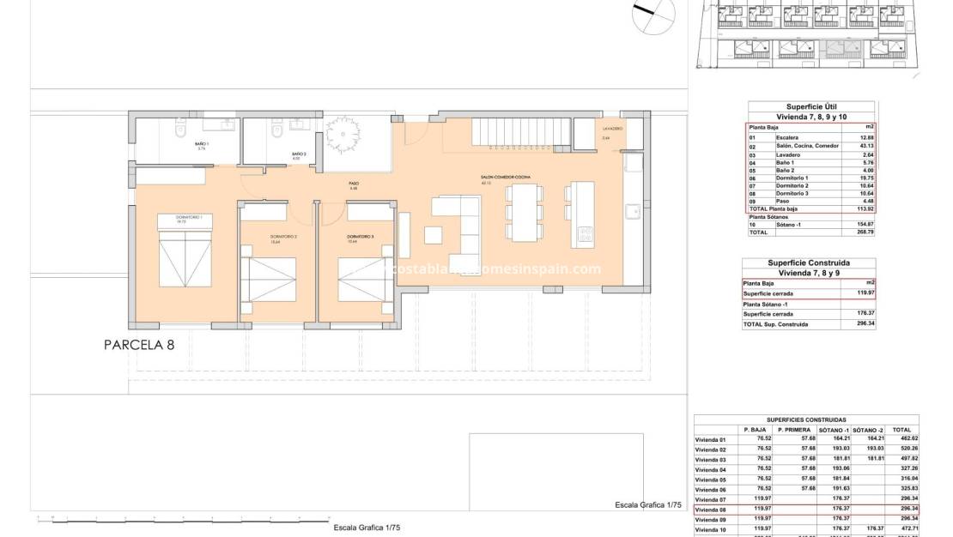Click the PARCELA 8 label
click(x=138, y=345)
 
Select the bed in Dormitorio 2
click(x=266, y=278)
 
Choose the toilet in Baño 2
click(x=276, y=134)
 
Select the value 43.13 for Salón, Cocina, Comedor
click(x=865, y=145)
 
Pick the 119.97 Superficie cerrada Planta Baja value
click(x=864, y=293)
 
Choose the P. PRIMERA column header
click(x=794, y=430)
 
